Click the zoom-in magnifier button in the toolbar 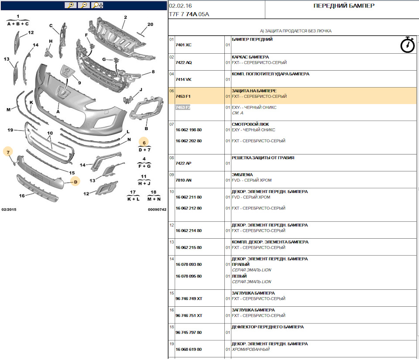point(71,5)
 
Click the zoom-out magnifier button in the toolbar point(84,5)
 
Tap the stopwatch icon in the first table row point(408,45)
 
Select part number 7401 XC point(183,45)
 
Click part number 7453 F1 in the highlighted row point(183,96)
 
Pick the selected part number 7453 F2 point(183,107)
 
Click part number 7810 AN point(183,180)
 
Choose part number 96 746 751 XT point(189,315)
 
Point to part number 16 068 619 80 point(189,350)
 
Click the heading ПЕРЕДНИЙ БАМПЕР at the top point(344,6)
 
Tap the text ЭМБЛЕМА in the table point(242,175)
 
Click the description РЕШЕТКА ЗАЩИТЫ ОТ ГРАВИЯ point(263,158)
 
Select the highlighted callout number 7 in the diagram point(8,152)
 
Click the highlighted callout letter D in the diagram point(76,182)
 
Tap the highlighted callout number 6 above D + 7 point(144,143)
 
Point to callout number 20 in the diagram point(151,24)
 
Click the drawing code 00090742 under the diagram point(157,209)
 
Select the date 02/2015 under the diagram point(9,209)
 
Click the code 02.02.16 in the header point(180,6)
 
